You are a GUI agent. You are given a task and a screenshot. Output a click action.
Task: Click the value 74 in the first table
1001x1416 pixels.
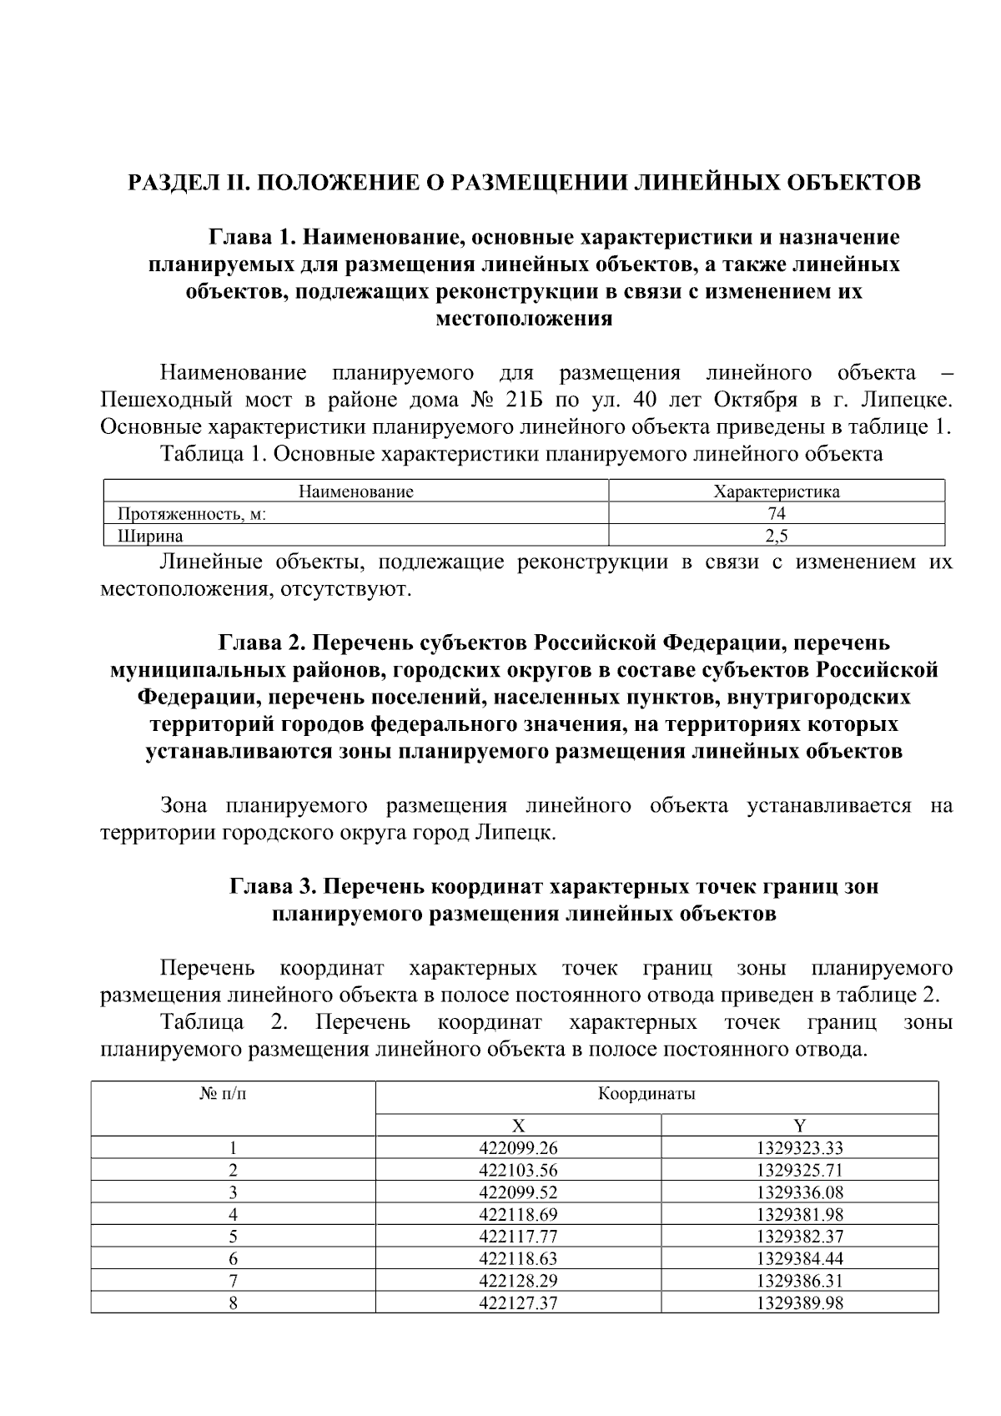777,514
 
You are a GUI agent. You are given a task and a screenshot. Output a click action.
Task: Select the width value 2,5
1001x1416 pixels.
777,536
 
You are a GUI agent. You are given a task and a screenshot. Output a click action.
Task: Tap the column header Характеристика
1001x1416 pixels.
777,491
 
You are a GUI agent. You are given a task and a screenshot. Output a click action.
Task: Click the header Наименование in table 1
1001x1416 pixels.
356,491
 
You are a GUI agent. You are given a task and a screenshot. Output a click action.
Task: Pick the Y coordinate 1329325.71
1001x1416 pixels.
800,1170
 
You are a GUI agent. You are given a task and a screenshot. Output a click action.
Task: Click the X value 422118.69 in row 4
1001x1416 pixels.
518,1214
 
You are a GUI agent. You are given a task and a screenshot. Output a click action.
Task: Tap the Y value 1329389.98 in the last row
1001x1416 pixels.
800,1303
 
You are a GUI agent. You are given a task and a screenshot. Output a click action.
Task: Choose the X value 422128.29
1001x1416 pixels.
518,1280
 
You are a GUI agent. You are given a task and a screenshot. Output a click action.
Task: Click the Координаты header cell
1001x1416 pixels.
646,1094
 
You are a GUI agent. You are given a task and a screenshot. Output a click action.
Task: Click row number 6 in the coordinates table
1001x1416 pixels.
234,1258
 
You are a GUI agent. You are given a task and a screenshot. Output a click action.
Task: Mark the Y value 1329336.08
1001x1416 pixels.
800,1192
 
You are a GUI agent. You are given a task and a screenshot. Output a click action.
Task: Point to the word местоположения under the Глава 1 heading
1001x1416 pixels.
525,319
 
